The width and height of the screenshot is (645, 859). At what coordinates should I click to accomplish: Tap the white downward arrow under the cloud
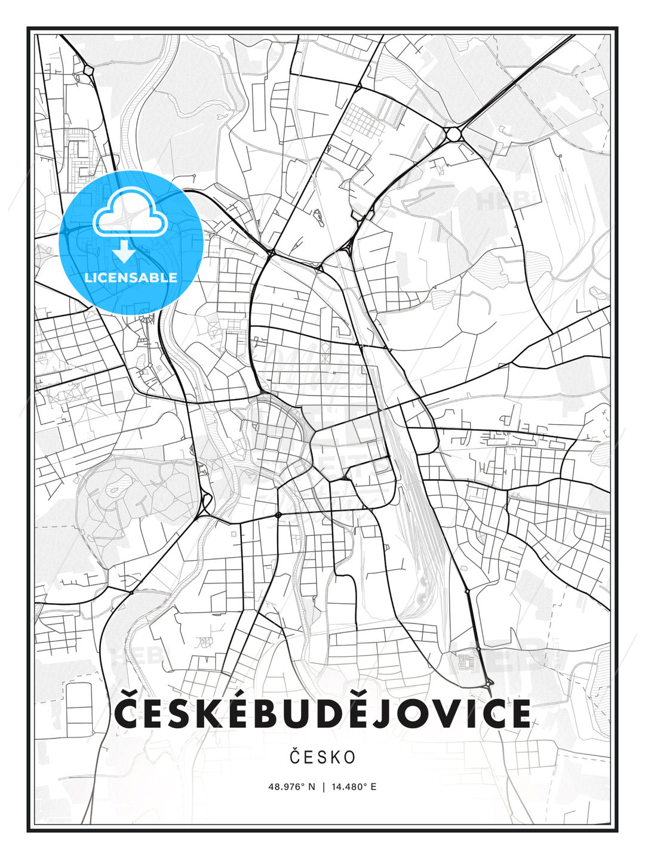125,252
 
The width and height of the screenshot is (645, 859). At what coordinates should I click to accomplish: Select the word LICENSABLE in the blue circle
131,277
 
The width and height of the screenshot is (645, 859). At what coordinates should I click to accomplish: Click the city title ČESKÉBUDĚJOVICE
322,714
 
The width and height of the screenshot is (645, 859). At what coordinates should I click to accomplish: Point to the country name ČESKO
322,757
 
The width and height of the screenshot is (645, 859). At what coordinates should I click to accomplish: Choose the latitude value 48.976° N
291,786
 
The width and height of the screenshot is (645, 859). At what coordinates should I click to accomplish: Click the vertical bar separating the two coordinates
323,786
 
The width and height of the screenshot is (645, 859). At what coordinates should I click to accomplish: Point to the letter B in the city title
266,714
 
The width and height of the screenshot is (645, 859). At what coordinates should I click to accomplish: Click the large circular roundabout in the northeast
454,134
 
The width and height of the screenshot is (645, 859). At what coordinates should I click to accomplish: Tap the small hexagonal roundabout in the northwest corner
89,70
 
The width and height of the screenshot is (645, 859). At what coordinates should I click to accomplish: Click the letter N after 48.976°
311,786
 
